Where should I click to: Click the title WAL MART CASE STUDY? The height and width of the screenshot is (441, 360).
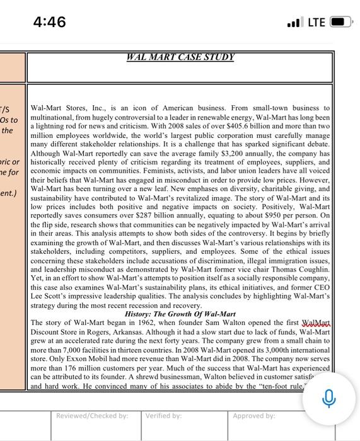[180, 57]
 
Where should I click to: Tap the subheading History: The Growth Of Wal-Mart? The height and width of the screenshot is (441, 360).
[180, 314]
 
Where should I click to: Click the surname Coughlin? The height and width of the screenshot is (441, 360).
[311, 269]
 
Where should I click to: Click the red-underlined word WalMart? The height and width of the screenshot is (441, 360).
[316, 323]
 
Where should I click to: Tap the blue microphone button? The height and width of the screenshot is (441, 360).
[328, 398]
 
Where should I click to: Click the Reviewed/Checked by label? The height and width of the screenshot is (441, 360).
[92, 416]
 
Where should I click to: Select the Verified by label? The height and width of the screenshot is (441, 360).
[163, 416]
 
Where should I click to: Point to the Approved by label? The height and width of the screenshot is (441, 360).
[253, 416]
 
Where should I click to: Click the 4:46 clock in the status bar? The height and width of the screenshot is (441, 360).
[49, 22]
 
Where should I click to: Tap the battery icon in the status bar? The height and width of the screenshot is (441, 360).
[340, 22]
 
